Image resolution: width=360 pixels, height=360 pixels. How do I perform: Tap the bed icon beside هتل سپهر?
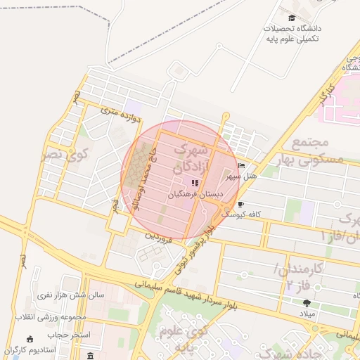click(242, 166)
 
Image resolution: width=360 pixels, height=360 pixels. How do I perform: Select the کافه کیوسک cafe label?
click(242, 214)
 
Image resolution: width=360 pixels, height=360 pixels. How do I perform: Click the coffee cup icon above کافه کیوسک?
click(241, 204)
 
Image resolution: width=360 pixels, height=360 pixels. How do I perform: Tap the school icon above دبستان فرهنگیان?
click(195, 183)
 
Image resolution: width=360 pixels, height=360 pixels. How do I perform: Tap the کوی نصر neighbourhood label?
click(65, 153)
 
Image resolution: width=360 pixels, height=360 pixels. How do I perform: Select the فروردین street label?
click(157, 234)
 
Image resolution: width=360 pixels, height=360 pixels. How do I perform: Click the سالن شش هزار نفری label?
click(70, 295)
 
